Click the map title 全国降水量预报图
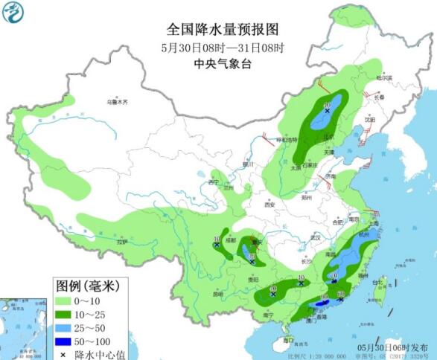222,30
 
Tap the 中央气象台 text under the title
222,64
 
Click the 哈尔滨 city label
383,77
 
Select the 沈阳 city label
370,118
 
